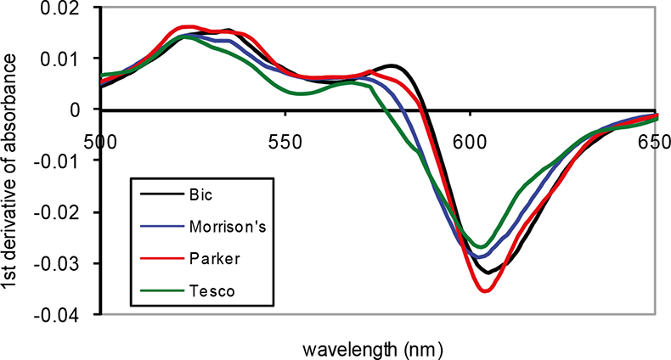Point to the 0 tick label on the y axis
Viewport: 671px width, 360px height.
(x=83, y=110)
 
